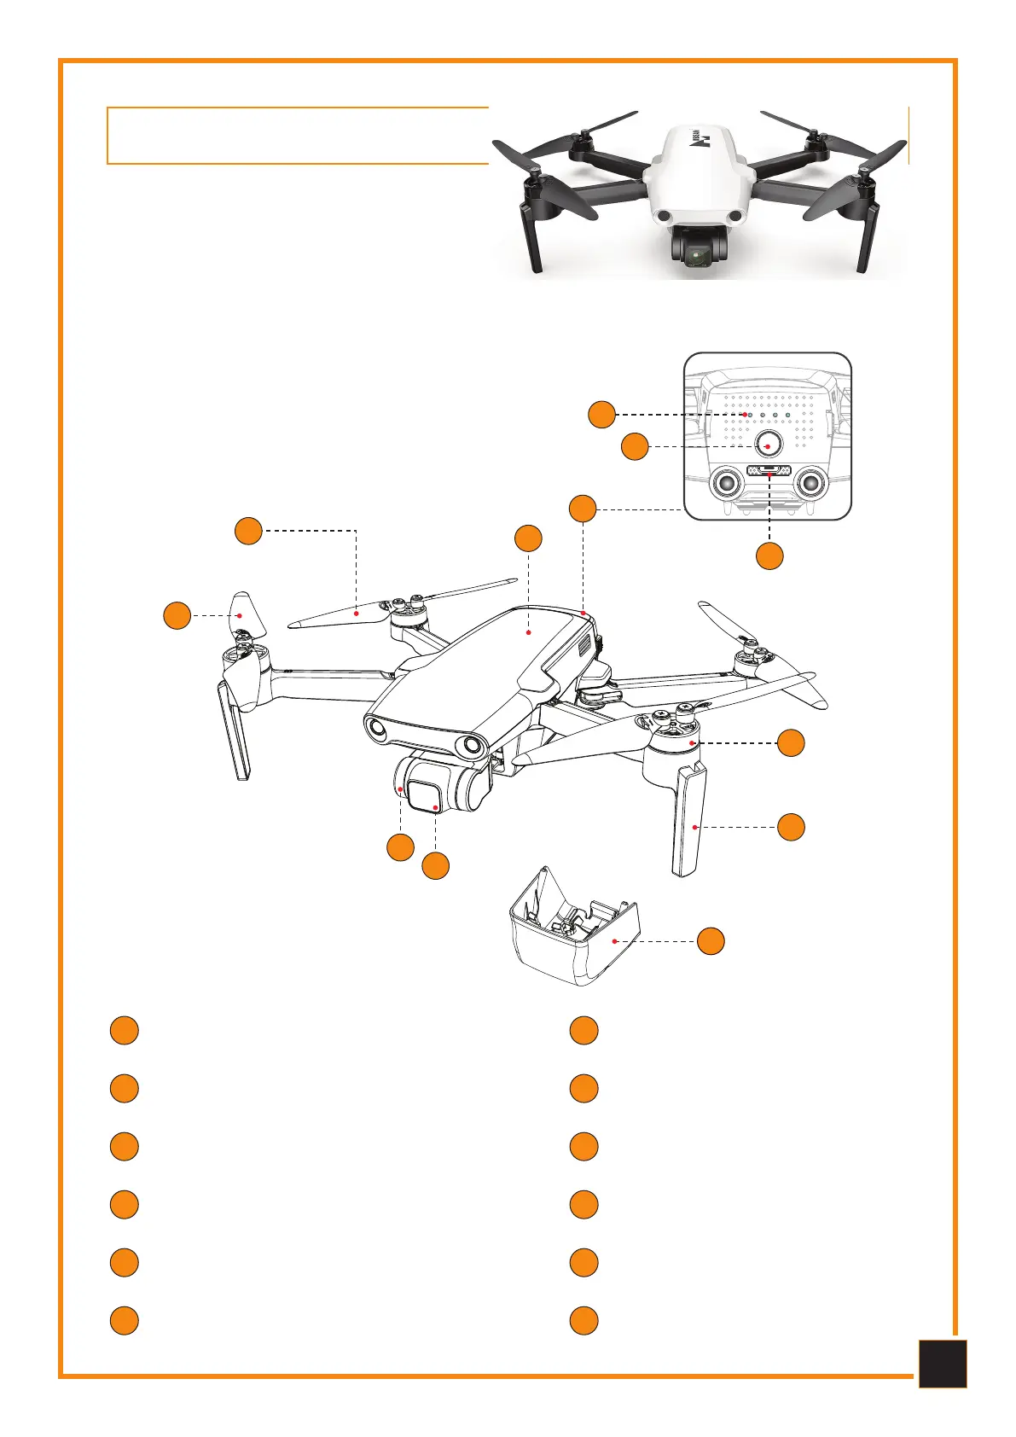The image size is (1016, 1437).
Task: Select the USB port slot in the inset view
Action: [x=769, y=470]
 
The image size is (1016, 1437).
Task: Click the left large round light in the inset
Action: [x=727, y=482]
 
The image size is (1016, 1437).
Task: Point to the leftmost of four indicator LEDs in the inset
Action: [x=748, y=415]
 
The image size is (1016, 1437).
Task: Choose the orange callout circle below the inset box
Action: [x=769, y=556]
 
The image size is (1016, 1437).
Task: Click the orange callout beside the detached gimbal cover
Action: [x=711, y=941]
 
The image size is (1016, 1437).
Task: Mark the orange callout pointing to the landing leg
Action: [x=791, y=827]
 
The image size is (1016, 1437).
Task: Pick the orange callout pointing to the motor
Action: [x=791, y=742]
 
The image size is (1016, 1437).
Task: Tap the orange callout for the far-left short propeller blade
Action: [x=177, y=615]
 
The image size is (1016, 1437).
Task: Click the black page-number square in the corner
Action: [x=943, y=1364]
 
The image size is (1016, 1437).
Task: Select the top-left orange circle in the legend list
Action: [x=124, y=1030]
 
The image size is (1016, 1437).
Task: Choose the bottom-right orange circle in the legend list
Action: [x=583, y=1320]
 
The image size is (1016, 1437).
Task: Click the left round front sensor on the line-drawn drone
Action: [x=378, y=728]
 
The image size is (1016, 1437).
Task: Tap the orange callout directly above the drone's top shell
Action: [x=528, y=538]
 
